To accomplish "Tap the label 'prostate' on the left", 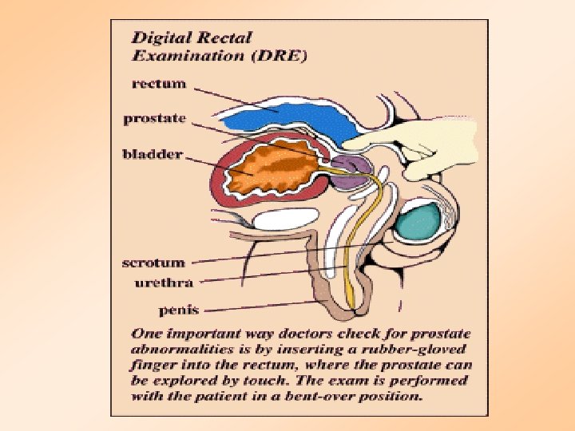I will [155, 119].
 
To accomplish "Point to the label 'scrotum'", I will [153, 263].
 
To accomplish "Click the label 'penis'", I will [179, 309].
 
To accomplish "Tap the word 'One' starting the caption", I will [146, 333].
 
